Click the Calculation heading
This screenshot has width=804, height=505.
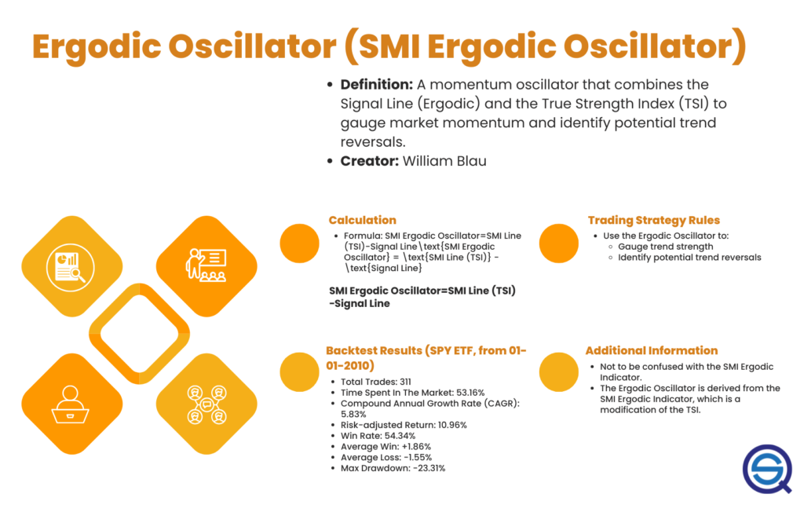click(362, 220)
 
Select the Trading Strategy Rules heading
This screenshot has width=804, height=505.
click(653, 220)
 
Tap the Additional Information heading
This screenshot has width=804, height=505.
click(652, 350)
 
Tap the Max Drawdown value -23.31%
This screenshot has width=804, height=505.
click(429, 468)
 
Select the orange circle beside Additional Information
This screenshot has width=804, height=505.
click(558, 371)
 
